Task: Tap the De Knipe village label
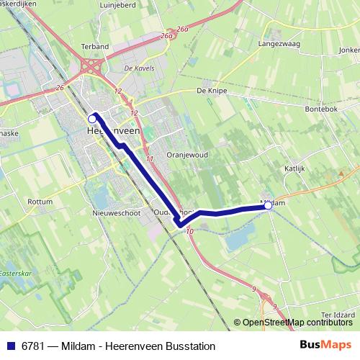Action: (212, 91)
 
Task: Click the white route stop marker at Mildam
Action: (269, 206)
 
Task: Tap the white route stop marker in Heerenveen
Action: (92, 118)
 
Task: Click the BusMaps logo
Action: (325, 344)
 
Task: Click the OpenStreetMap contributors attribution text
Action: (297, 322)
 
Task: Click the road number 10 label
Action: (189, 231)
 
